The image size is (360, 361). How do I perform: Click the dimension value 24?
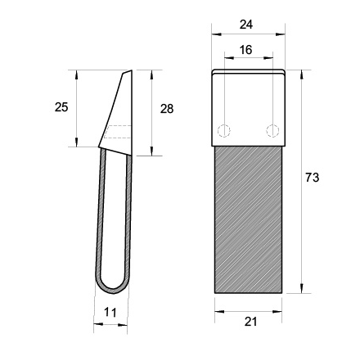246,25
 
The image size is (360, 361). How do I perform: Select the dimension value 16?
245,50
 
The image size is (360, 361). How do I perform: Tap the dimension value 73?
312,178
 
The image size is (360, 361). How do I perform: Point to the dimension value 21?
250,322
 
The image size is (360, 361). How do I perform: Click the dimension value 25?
61,107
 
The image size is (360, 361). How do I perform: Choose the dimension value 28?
167,109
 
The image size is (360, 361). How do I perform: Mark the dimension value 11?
110,313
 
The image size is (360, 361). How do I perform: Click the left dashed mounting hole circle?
223,131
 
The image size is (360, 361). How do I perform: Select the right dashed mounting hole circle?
272,131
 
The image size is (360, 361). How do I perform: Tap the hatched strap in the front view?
248,220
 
